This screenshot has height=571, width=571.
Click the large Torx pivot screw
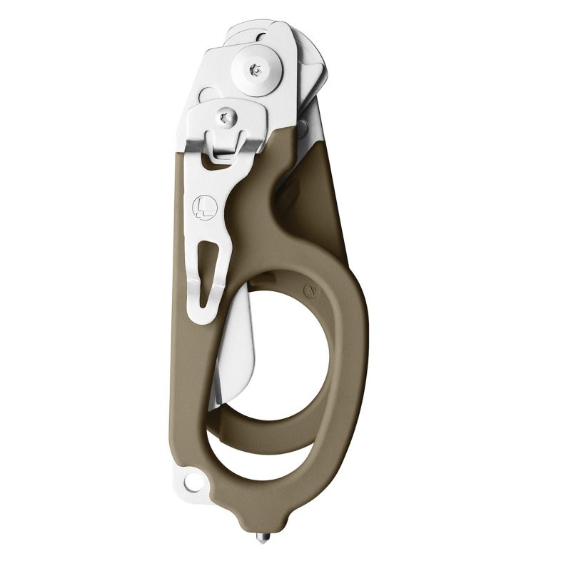click(x=256, y=69)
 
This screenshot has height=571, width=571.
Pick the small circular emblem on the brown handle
click(x=309, y=290)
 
